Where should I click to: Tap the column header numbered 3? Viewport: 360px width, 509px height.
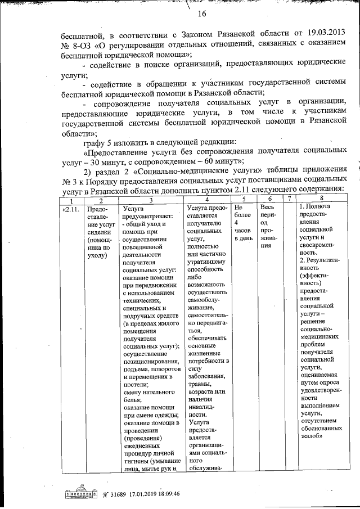tap(151, 200)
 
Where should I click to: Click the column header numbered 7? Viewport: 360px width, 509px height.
tap(289, 200)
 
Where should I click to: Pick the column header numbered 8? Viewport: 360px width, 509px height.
tap(322, 200)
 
